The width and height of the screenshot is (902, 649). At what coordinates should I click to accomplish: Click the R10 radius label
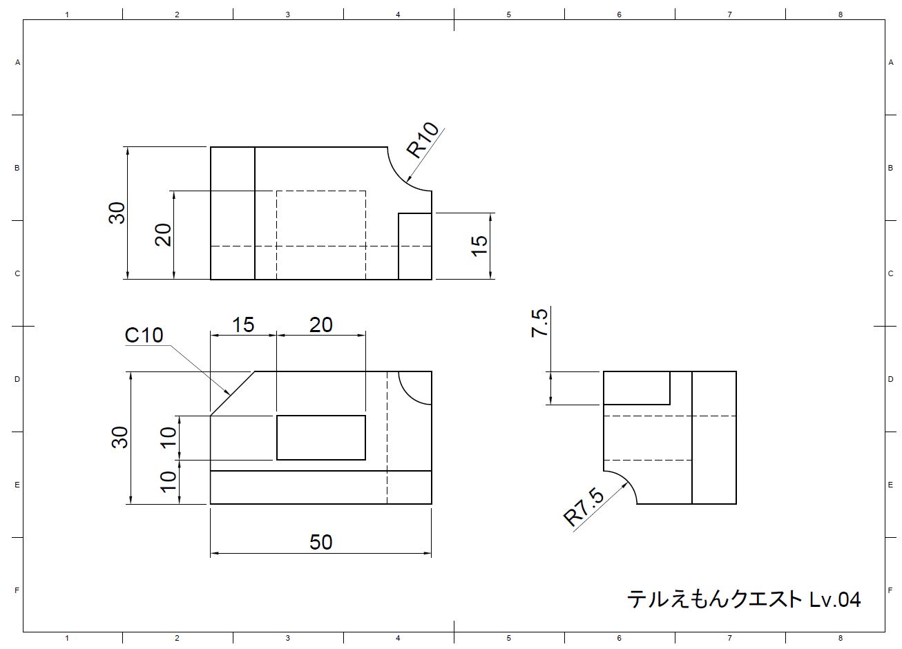tap(423, 140)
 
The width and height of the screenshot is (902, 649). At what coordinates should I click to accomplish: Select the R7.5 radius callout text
tap(584, 507)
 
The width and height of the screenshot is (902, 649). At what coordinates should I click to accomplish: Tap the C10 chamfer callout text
tap(144, 336)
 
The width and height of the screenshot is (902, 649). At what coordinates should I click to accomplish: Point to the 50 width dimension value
tap(321, 542)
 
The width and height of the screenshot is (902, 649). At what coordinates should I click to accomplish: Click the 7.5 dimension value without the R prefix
tap(539, 323)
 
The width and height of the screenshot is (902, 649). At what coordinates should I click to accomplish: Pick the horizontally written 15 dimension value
tap(243, 324)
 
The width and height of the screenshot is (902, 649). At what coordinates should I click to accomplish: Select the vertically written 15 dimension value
tap(479, 246)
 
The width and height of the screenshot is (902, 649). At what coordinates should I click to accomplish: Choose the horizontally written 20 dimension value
tap(320, 324)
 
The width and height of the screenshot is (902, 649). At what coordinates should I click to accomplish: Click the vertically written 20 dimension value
tap(163, 235)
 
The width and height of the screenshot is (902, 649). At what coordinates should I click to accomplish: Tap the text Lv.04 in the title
tap(834, 599)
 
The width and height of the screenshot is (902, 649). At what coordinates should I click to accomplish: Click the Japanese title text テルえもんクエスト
tap(715, 599)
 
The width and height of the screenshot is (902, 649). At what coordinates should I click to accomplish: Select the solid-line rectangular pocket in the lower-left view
tap(321, 438)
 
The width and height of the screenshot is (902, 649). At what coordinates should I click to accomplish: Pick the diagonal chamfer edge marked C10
tap(233, 393)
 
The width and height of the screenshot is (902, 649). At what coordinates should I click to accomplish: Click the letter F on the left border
tap(17, 590)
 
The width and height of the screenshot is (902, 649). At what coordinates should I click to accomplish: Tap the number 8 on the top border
tap(841, 14)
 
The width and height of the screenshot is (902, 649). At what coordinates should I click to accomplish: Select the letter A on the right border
tap(891, 63)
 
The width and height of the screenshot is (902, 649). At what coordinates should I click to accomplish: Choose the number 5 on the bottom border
tap(509, 639)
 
